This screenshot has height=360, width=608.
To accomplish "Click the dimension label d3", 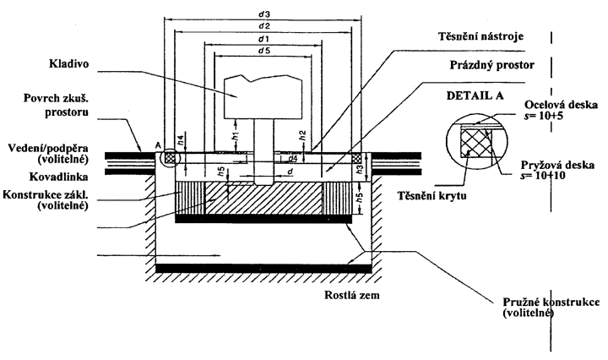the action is pyautogui.click(x=264, y=14).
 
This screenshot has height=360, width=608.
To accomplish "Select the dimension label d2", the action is pyautogui.click(x=264, y=26).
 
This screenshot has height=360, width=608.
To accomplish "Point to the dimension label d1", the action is pyautogui.click(x=264, y=39).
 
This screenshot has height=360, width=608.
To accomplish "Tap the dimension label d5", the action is pyautogui.click(x=264, y=51).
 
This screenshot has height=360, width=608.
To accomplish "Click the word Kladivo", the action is pyautogui.click(x=68, y=63).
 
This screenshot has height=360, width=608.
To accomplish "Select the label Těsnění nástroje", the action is pyautogui.click(x=480, y=36).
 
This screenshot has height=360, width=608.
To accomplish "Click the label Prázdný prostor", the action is pyautogui.click(x=491, y=65).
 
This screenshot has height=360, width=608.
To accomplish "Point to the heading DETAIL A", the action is pyautogui.click(x=475, y=95).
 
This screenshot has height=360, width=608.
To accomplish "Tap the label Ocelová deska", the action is pyautogui.click(x=561, y=105).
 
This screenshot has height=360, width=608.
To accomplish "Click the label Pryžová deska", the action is pyautogui.click(x=557, y=165).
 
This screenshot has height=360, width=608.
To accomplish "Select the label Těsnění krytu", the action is pyautogui.click(x=432, y=195).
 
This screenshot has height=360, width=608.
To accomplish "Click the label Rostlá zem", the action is pyautogui.click(x=352, y=295).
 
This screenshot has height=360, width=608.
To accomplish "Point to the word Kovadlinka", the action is pyautogui.click(x=59, y=177).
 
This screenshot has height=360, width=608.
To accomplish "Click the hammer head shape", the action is pyautogui.click(x=263, y=96).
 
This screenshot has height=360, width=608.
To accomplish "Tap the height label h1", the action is pyautogui.click(x=237, y=136).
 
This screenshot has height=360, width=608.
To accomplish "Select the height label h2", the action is pyautogui.click(x=303, y=135).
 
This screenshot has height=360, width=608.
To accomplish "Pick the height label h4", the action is pyautogui.click(x=180, y=140).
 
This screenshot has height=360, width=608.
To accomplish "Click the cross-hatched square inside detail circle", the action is pyautogui.click(x=475, y=143).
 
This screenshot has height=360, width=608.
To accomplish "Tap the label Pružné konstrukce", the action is pyautogui.click(x=551, y=303).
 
